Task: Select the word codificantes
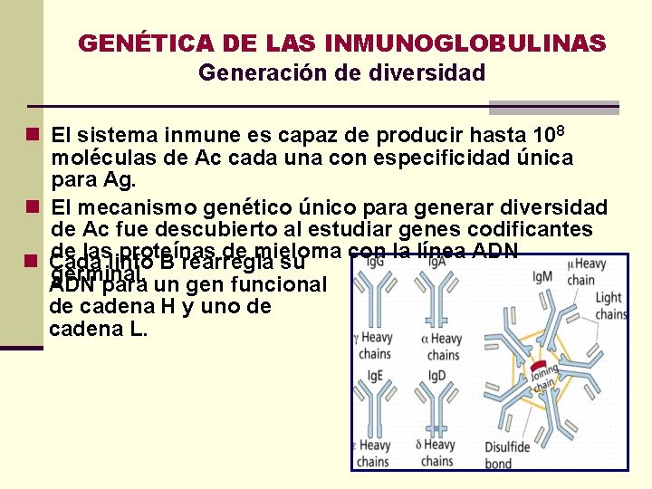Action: click(541, 230)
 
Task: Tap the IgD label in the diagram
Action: click(436, 374)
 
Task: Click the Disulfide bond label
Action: click(507, 455)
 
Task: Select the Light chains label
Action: click(610, 306)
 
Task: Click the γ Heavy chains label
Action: click(375, 347)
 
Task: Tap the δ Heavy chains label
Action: click(436, 453)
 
